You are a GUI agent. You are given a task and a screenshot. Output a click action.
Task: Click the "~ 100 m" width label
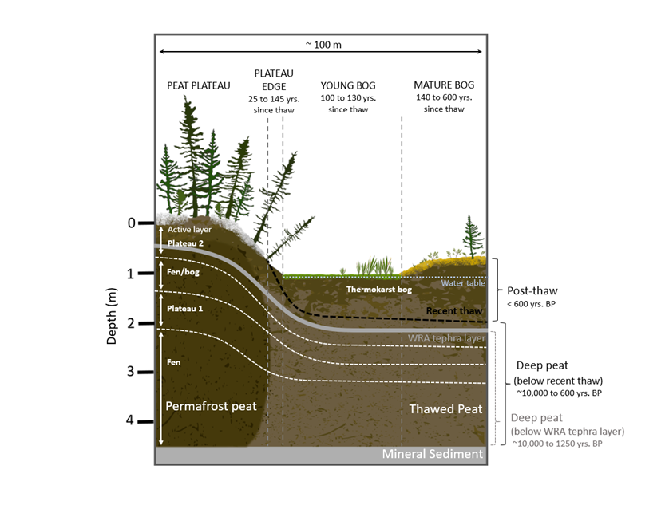point(323,45)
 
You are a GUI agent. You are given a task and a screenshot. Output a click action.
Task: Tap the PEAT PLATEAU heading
point(199,85)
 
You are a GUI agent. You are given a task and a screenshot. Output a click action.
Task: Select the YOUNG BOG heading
point(348,85)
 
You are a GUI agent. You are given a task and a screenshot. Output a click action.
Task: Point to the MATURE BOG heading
point(444,85)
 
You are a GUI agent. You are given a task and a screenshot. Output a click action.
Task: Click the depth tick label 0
point(132,223)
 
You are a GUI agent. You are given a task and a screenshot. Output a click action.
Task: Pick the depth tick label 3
point(131,372)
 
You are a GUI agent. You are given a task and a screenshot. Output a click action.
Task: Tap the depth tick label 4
point(130,420)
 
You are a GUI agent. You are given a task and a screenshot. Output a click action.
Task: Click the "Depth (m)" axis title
point(111,316)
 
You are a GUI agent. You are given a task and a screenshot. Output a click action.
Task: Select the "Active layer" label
point(189,230)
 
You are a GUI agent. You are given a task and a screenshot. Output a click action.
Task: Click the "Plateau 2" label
point(185,243)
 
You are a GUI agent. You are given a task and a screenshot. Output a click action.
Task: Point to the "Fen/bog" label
point(183,272)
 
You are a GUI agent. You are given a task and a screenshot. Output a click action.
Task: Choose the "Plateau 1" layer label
point(184,308)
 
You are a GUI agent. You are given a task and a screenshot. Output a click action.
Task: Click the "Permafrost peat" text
point(212,406)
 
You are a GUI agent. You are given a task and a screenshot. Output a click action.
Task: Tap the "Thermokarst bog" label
point(379,290)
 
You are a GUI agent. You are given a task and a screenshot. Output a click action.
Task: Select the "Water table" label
point(463,283)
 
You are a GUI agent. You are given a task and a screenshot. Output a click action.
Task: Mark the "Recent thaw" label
point(454,311)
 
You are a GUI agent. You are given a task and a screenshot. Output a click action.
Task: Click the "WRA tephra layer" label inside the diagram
point(446,338)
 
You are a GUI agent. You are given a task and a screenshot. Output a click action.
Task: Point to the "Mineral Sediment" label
point(432,454)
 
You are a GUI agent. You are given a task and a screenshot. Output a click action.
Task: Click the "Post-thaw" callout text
point(532,291)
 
